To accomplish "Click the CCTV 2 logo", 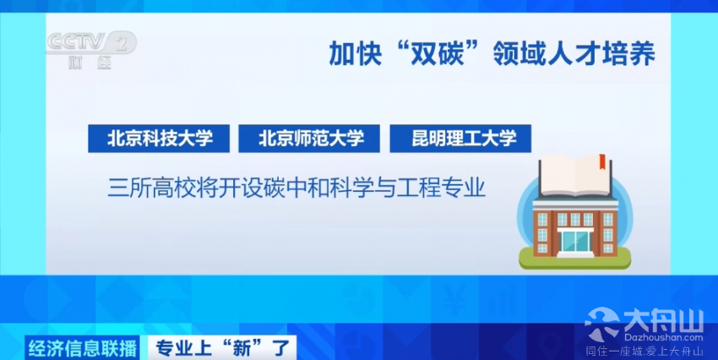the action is click(91, 42).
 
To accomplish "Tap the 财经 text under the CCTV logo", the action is click(90, 62).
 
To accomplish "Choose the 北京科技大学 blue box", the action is click(159, 139).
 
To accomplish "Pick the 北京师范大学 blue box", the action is click(309, 139).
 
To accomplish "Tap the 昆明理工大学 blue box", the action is click(460, 139).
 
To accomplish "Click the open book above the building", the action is click(575, 176).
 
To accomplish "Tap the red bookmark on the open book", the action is click(602, 161).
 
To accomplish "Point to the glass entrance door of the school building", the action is click(575, 241).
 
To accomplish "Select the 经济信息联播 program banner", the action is click(83, 348).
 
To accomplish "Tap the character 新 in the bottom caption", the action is click(242, 348).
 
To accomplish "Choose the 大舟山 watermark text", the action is click(663, 320).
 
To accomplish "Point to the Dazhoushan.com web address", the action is click(663, 337).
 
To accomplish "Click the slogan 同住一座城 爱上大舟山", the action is click(645, 352).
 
